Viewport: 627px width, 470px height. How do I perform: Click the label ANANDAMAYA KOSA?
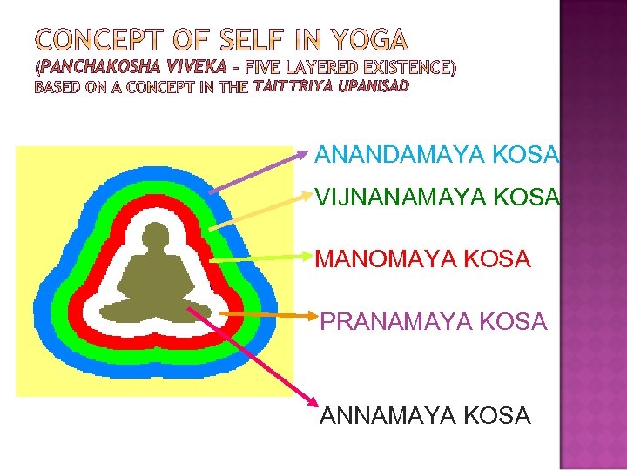click(x=436, y=155)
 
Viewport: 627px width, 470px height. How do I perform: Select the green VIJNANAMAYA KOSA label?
click(x=436, y=198)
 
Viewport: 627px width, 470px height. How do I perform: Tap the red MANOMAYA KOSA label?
click(x=422, y=258)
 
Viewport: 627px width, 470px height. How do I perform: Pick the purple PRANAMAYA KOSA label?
click(x=434, y=322)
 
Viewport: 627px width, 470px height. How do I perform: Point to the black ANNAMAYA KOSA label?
click(x=425, y=416)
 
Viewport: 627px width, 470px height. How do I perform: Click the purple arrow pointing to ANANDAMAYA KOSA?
click(x=258, y=172)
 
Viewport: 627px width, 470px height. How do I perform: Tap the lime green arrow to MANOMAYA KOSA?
click(x=261, y=258)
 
